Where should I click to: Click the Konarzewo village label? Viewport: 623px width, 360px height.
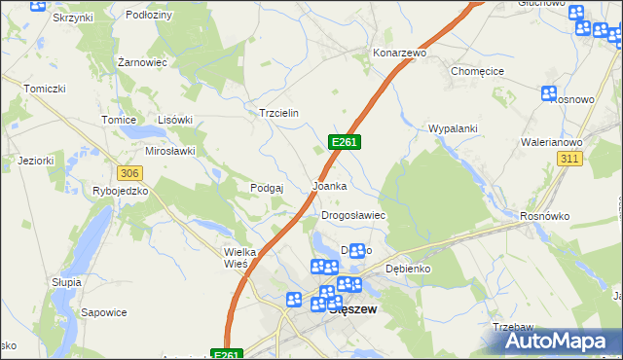coord(400,53)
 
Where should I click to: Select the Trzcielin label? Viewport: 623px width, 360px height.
coord(278,113)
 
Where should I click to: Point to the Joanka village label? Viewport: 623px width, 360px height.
coord(329,185)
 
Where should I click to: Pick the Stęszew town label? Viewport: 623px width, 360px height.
coord(353,309)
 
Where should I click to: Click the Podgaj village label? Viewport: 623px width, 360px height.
coord(267,188)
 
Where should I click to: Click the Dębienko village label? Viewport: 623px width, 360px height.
coord(408,268)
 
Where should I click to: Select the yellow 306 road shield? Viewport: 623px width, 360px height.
coord(130,172)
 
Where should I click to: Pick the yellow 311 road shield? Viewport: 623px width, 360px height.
coord(570,158)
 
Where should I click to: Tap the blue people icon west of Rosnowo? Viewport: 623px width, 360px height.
coord(549,93)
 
